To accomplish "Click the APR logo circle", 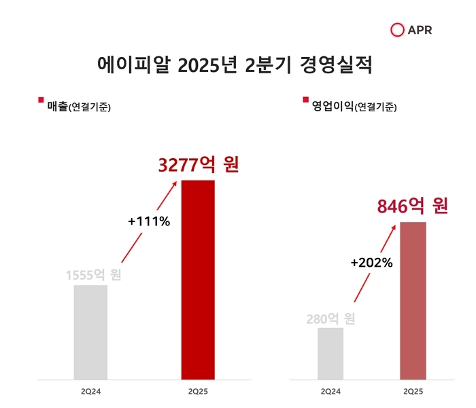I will [x=398, y=30].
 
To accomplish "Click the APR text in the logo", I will [x=420, y=30].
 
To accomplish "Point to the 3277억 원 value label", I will [x=199, y=165].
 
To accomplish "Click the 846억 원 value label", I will [x=413, y=206].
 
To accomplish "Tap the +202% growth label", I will [x=371, y=263].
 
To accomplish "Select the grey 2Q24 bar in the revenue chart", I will [x=90, y=332].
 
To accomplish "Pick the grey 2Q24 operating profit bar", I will [x=330, y=353].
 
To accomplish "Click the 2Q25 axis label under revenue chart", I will [x=198, y=392].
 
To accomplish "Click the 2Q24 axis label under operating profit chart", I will [x=330, y=392].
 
